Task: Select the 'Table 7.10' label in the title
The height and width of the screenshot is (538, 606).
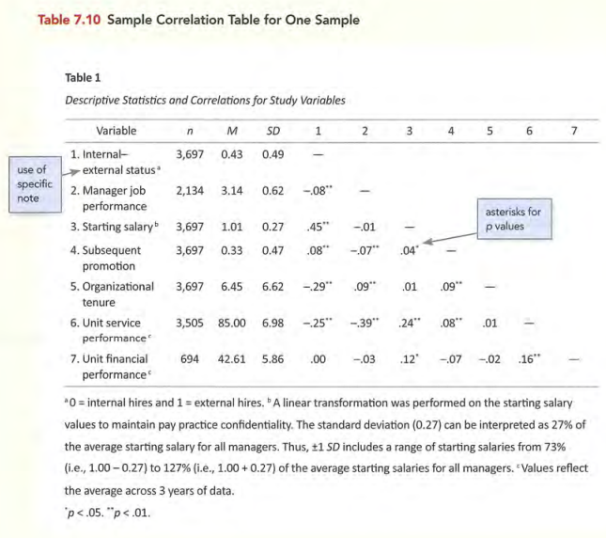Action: pos(69,20)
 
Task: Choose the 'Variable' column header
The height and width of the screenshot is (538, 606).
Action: pos(117,131)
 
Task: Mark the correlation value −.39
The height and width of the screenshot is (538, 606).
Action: pos(362,323)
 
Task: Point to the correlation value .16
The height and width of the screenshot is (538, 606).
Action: pos(530,358)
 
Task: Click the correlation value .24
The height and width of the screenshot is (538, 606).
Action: pos(408,323)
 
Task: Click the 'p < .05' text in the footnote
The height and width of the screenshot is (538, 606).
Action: pos(87,514)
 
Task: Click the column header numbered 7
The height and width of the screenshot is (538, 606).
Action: pos(574,131)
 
